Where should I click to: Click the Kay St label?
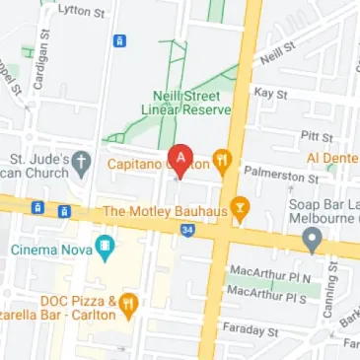tap(269, 93)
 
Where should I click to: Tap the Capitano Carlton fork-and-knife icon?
tap(224, 160)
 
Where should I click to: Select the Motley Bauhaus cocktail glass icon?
tap(239, 211)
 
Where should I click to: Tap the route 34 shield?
tap(186, 230)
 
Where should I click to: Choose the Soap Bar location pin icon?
tap(313, 237)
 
